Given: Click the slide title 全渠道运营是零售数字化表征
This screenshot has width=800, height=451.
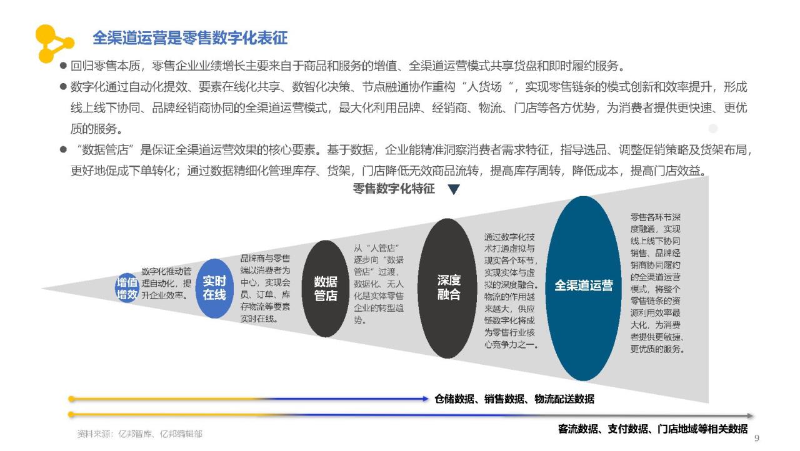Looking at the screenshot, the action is click(x=190, y=38).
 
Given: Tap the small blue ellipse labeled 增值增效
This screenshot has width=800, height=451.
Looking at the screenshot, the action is click(x=127, y=289).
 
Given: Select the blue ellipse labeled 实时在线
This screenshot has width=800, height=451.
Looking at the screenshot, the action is click(x=214, y=289).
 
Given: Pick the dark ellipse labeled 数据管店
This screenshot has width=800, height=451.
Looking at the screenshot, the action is click(x=326, y=289).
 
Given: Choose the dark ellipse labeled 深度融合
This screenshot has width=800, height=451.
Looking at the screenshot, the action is click(x=447, y=288).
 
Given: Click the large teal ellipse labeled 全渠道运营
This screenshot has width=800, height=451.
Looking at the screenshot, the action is click(x=583, y=288).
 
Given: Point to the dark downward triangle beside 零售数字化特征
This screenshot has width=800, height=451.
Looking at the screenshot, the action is click(x=454, y=189).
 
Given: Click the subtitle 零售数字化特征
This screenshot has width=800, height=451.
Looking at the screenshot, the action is click(x=394, y=189).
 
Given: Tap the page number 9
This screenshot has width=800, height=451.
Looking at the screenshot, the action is click(x=756, y=438).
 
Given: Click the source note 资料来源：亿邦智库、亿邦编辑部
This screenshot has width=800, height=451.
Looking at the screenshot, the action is click(x=139, y=434).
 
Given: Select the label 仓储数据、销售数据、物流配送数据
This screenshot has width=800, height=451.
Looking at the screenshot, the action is click(x=514, y=399).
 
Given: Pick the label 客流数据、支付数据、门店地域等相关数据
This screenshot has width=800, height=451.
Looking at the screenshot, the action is click(x=653, y=429).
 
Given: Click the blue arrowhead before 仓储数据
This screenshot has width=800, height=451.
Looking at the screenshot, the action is click(x=425, y=399).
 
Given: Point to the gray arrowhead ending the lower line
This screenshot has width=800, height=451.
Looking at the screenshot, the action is click(x=749, y=415).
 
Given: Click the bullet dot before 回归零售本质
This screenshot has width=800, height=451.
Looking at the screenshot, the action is click(x=64, y=66).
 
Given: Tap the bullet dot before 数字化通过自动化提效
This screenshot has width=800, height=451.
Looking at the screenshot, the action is click(x=64, y=87).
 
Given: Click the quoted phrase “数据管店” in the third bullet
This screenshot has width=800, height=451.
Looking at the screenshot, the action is click(x=105, y=150).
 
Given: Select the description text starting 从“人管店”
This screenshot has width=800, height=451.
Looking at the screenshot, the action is click(x=379, y=284).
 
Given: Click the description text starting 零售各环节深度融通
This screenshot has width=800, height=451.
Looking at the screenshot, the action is click(x=656, y=282).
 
